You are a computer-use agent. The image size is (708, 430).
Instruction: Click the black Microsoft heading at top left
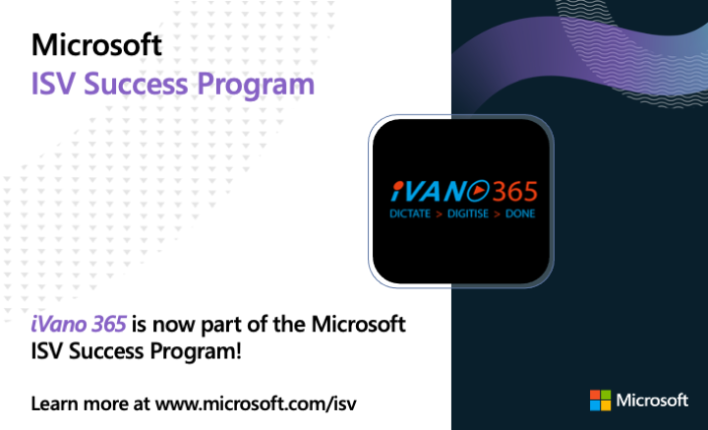(x=96, y=44)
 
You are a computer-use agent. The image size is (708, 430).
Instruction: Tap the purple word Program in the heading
(x=256, y=86)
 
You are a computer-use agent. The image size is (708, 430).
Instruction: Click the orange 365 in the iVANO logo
(x=514, y=191)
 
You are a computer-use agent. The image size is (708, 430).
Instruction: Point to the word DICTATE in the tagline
(x=409, y=214)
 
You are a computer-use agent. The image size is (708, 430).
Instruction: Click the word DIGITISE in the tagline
(x=468, y=214)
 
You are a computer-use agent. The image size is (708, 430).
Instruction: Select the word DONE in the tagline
(x=520, y=214)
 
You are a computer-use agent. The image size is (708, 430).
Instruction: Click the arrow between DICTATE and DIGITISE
(x=439, y=215)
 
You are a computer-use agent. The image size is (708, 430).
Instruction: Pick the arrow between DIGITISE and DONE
(x=498, y=215)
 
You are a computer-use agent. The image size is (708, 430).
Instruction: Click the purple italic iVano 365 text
(x=78, y=324)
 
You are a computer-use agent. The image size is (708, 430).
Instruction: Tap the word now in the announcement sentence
(x=174, y=326)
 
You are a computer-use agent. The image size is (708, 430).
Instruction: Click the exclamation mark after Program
(x=238, y=351)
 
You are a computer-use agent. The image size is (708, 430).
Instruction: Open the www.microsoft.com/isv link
(x=256, y=403)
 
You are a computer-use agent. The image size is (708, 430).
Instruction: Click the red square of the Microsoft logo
(x=595, y=395)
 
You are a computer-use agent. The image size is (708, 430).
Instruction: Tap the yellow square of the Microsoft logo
(x=606, y=405)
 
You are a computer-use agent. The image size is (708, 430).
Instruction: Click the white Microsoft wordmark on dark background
(x=652, y=400)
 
